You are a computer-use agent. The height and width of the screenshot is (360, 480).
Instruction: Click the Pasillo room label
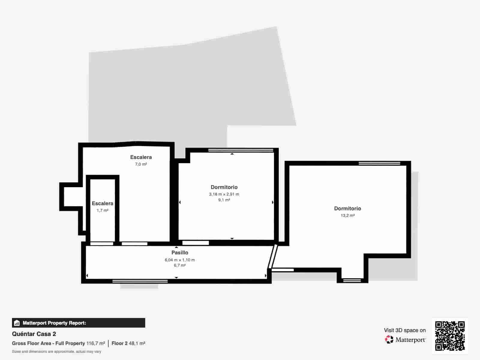180,253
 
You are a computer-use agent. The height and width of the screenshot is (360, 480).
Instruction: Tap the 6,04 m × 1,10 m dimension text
180,260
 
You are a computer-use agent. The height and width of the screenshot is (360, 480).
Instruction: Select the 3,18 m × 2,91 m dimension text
224,194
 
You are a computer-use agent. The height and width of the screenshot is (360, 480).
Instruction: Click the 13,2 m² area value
347,215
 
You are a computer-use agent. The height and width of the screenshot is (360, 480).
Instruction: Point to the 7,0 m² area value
141,164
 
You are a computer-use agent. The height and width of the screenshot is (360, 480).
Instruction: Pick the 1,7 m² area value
102,210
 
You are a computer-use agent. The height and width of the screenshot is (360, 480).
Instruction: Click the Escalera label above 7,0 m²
141,157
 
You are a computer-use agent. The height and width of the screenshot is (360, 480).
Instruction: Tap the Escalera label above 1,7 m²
102,203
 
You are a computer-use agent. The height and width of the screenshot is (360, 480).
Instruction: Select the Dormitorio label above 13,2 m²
347,208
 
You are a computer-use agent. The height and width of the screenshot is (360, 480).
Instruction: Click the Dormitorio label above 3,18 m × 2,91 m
224,187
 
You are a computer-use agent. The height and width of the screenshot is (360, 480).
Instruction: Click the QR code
450,336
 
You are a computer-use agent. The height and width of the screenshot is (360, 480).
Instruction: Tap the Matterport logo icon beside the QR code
389,340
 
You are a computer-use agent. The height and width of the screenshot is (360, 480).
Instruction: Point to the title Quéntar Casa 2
34,334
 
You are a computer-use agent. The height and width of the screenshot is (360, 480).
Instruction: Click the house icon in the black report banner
17,323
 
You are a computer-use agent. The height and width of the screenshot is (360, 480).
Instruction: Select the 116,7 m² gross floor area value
96,343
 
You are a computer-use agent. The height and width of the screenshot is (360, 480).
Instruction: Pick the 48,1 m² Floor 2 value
137,343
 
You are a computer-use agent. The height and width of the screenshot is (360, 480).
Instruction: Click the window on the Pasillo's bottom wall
140,281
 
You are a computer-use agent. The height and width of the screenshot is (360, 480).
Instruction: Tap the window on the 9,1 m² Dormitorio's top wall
241,150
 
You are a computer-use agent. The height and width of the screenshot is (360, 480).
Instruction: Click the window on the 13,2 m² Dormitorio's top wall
379,163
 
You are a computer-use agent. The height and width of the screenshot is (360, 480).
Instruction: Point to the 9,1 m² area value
224,200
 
